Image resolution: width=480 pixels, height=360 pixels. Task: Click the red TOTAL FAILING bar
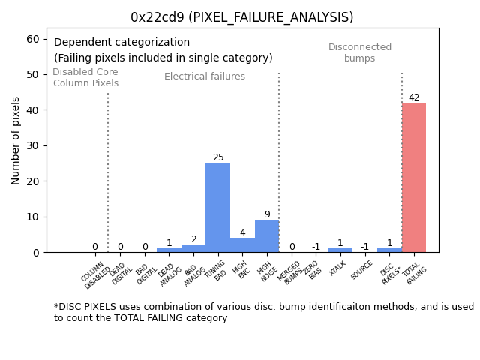413,178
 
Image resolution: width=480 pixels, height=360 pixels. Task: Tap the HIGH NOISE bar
267,236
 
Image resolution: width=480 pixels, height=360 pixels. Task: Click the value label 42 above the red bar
414,97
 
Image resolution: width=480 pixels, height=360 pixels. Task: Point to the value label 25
218,157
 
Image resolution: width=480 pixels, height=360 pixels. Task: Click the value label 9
267,214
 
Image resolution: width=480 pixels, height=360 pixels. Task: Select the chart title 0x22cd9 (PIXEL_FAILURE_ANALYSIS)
241,17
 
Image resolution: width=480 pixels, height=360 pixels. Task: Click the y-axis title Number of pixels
16,140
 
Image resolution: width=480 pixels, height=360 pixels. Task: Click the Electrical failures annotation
205,76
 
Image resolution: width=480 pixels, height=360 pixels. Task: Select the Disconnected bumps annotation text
360,52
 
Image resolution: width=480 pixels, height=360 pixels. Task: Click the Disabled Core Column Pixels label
85,77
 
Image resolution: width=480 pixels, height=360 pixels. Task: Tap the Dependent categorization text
121,43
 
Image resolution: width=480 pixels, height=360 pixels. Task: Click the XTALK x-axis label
338,269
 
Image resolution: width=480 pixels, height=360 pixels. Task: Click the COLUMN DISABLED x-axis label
95,275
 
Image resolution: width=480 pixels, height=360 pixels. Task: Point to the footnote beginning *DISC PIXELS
263,312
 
